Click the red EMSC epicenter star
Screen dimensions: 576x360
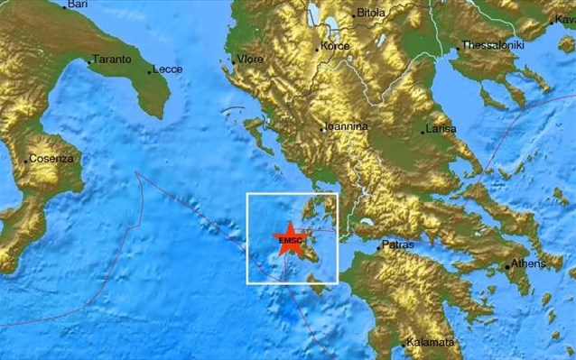[x=291, y=239]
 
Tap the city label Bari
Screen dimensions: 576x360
[x=78, y=5]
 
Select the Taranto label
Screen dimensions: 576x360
[x=111, y=60]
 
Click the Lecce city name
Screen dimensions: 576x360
[x=168, y=69]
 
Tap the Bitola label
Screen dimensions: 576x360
[x=370, y=13]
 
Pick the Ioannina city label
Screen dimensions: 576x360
[x=346, y=127]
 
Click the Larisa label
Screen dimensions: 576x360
[x=441, y=130]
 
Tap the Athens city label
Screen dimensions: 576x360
[x=529, y=263]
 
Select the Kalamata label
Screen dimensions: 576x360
[x=430, y=344]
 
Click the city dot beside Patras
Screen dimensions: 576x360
[x=379, y=247]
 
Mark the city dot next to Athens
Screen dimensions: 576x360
[x=508, y=266]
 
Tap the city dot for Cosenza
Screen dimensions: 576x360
[x=25, y=161]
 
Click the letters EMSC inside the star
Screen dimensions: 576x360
[x=291, y=241]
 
